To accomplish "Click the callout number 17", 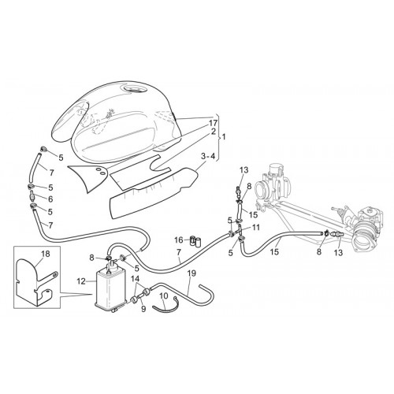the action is pyautogui.click(x=214, y=123).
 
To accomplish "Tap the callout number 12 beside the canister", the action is pyautogui.click(x=81, y=281).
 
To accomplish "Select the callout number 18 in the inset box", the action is pyautogui.click(x=46, y=254).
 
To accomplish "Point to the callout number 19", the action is pyautogui.click(x=191, y=273).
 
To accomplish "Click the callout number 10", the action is pyautogui.click(x=163, y=295).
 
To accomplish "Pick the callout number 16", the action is pyautogui.click(x=179, y=240).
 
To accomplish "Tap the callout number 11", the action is pyautogui.click(x=256, y=228).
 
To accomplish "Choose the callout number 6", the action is pyautogui.click(x=50, y=199).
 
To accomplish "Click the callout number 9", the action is pyautogui.click(x=143, y=309).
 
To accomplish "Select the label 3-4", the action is pyautogui.click(x=208, y=156).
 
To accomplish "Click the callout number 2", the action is pyautogui.click(x=214, y=132).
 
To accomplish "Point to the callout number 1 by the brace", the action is pyautogui.click(x=224, y=137).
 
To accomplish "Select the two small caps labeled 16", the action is pyautogui.click(x=195, y=241).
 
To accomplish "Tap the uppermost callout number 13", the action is pyautogui.click(x=244, y=170).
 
